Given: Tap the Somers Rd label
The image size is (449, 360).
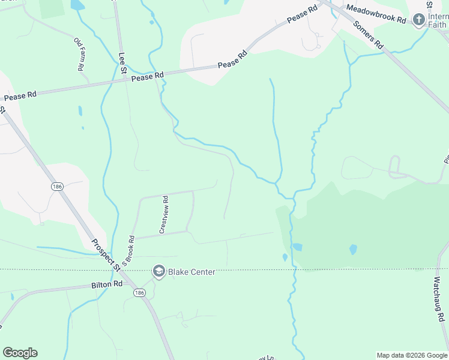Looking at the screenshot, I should (x=368, y=34).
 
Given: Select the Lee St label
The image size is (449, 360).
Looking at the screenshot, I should (x=122, y=63).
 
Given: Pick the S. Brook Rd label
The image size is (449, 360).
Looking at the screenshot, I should (x=127, y=251).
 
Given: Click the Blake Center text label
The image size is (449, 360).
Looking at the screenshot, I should (x=191, y=272).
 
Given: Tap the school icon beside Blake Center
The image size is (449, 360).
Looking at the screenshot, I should (x=158, y=272).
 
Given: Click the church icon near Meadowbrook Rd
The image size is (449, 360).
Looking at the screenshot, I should (x=418, y=20).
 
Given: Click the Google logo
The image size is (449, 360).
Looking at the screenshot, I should (x=20, y=353).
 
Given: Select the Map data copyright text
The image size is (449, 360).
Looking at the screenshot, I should (x=412, y=355).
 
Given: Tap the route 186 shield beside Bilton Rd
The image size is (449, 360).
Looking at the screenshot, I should (x=140, y=292).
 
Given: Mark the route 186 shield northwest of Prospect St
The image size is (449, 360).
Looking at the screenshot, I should (x=58, y=186).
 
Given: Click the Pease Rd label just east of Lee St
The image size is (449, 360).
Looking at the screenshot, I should (x=147, y=77).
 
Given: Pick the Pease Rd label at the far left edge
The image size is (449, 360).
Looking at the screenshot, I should (x=20, y=96).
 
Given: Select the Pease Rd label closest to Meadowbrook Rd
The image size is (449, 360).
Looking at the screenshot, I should (x=302, y=16).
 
